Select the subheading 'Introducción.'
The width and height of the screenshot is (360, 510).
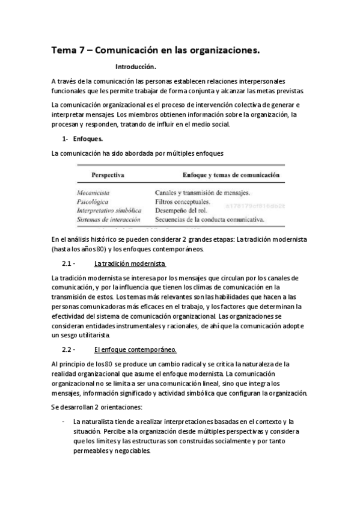(x=135, y=67)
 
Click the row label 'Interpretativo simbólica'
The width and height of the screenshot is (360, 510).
(x=109, y=211)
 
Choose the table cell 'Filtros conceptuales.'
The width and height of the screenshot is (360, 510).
(x=182, y=202)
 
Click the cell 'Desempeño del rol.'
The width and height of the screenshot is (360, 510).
(x=179, y=211)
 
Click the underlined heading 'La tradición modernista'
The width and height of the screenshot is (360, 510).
(x=130, y=264)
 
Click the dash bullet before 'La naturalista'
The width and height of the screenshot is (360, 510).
(x=64, y=422)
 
